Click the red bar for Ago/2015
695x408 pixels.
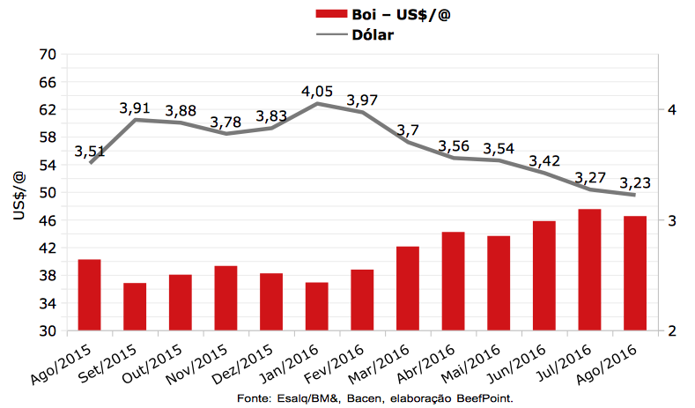(89, 295)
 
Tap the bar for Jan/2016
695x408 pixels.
(316, 307)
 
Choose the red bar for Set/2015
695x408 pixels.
(135, 307)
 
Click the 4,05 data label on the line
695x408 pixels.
(317, 92)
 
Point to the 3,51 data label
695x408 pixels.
(90, 152)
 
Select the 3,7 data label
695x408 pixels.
(408, 130)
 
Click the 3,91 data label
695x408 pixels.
(136, 108)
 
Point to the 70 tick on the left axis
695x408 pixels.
(48, 54)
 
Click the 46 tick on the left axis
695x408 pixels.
(48, 220)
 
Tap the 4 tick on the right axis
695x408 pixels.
(672, 109)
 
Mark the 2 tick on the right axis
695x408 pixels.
(672, 330)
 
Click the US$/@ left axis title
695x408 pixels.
(19, 193)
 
